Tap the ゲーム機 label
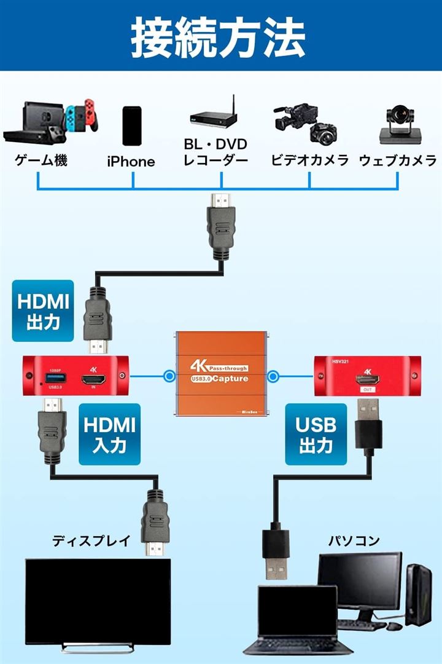point(41,161)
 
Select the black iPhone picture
point(131,126)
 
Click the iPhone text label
point(131,162)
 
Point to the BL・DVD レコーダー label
point(216,153)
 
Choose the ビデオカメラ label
point(310,161)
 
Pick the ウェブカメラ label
point(398,161)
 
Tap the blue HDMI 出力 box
point(43,310)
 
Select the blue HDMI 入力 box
point(110,433)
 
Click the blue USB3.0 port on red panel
point(53,377)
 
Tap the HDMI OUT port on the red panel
point(367,380)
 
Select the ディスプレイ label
point(91,541)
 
